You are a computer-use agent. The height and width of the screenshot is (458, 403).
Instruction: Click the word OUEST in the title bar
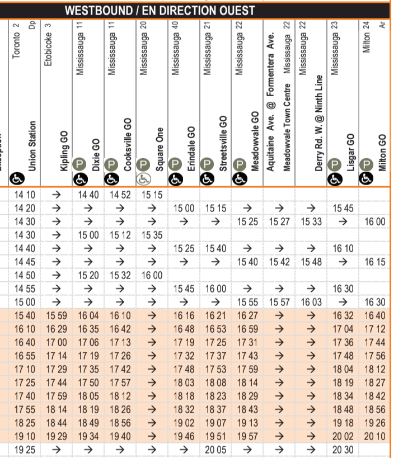(235, 10)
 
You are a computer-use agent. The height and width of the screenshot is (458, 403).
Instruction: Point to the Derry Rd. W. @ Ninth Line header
(319, 124)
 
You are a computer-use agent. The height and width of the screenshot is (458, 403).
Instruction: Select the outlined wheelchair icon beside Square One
(143, 180)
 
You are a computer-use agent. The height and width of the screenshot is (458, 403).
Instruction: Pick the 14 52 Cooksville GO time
(121, 195)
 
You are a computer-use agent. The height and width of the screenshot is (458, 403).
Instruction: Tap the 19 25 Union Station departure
(24, 449)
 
